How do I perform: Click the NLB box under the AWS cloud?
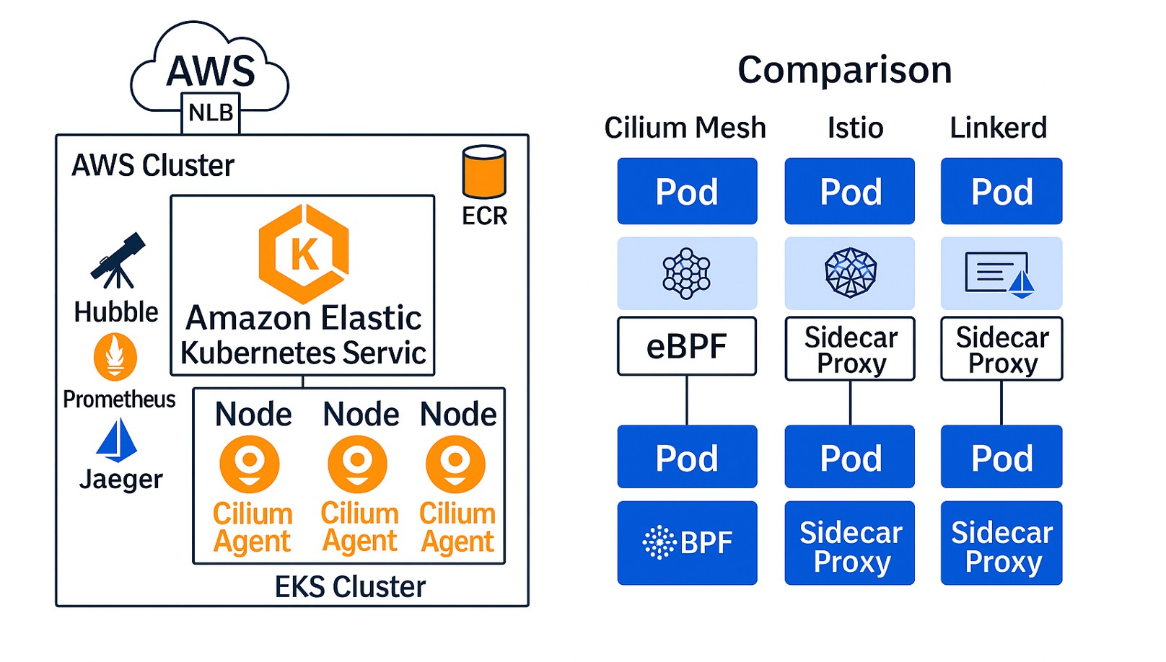coord(211,113)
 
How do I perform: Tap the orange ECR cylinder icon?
coord(484,172)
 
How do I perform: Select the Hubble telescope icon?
coord(118,260)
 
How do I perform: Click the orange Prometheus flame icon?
coord(115,357)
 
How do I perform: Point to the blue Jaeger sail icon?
coord(117,441)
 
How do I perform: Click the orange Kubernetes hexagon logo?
coord(304,253)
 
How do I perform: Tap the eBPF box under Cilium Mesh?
coord(687,346)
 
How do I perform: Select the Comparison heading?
coord(845,70)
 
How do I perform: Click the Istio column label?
coord(855,128)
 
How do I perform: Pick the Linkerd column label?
coord(999,128)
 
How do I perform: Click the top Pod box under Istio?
coord(849,191)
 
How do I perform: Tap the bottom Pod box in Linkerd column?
coord(1001,456)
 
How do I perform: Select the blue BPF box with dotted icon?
coord(687,543)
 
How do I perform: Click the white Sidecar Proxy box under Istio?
coord(849,349)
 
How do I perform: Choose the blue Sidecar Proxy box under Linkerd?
coord(1001,543)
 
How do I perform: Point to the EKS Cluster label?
coord(350,587)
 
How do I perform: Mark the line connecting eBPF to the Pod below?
coord(687,400)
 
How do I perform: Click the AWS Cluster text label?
coord(152,166)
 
